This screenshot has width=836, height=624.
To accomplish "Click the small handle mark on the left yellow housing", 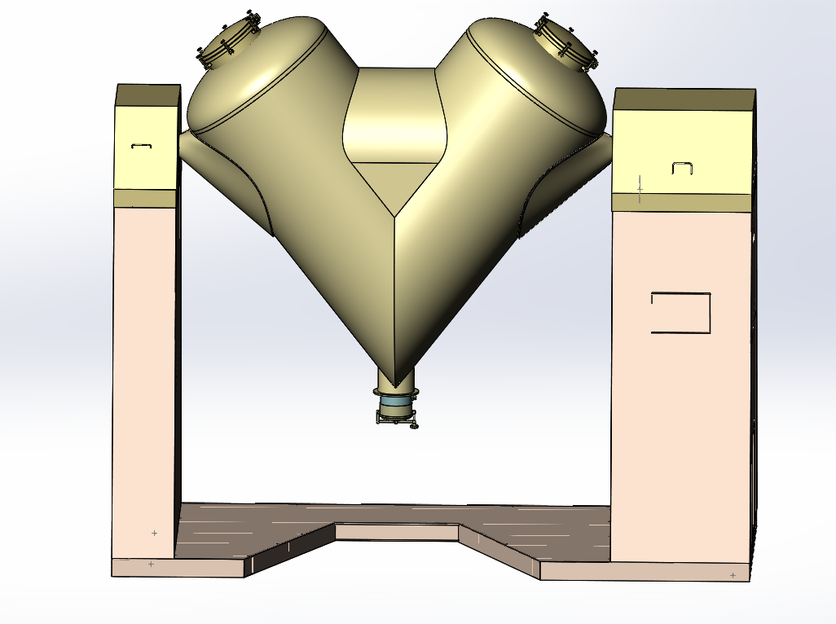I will point(142,146).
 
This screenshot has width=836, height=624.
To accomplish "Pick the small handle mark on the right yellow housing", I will point(682,168).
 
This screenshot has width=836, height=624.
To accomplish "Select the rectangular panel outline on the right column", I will point(680,313).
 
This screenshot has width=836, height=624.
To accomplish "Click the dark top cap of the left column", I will point(147,94).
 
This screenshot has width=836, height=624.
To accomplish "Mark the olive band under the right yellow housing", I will point(681,202).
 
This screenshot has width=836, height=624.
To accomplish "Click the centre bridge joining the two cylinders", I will point(396,114).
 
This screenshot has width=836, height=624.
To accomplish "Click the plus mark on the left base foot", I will point(151,564).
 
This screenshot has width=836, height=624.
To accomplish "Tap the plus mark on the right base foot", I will point(733,575).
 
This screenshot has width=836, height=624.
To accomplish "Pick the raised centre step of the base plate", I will point(397,532).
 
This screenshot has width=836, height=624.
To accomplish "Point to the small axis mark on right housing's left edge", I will point(640,189).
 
